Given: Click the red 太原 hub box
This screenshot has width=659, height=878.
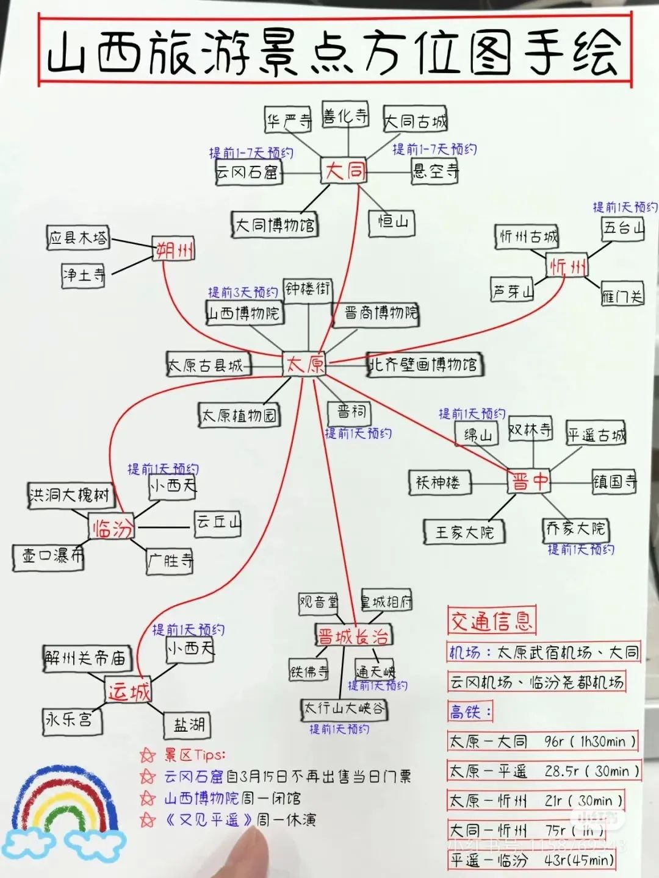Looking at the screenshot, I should [304, 364].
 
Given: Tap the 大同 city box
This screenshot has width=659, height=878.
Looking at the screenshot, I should [345, 171].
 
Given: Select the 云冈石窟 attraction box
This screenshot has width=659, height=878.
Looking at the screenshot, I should [247, 173].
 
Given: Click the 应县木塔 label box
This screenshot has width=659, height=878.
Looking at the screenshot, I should [79, 238].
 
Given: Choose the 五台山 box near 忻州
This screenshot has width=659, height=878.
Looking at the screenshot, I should [622, 228].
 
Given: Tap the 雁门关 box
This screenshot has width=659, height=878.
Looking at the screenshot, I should [622, 296].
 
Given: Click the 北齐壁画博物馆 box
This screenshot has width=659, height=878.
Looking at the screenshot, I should [423, 365].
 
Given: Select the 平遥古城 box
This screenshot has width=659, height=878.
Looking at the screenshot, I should [596, 435].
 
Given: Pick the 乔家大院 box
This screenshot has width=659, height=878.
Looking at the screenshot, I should [575, 529].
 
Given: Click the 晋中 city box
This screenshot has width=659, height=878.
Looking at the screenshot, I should [529, 482].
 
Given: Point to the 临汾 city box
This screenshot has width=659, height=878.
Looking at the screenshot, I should [112, 527].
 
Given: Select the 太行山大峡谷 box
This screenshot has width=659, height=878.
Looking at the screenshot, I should [345, 708].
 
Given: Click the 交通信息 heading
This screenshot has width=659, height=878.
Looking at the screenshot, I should [491, 621].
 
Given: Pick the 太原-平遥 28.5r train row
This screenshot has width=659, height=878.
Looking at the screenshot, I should [543, 771].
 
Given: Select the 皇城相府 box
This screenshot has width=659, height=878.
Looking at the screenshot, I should [386, 602].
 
